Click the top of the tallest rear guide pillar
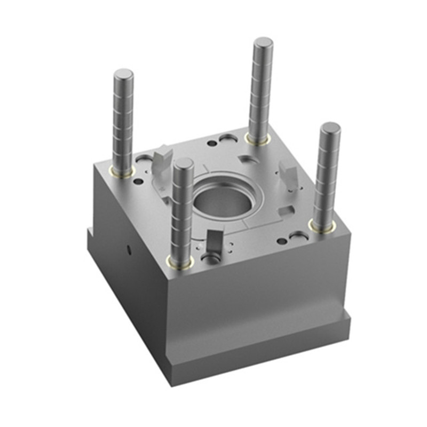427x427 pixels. point(263,43)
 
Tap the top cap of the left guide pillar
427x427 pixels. point(123,74)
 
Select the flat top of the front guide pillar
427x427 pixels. point(183,163)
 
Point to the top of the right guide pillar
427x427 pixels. point(330,128)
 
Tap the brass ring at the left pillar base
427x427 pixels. point(122,171)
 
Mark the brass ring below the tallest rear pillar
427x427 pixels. point(257,139)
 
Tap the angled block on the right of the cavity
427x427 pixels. point(289,176)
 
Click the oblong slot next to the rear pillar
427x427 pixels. point(228,138)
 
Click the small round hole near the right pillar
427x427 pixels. point(282,241)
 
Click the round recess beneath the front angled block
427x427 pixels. point(210,259)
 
